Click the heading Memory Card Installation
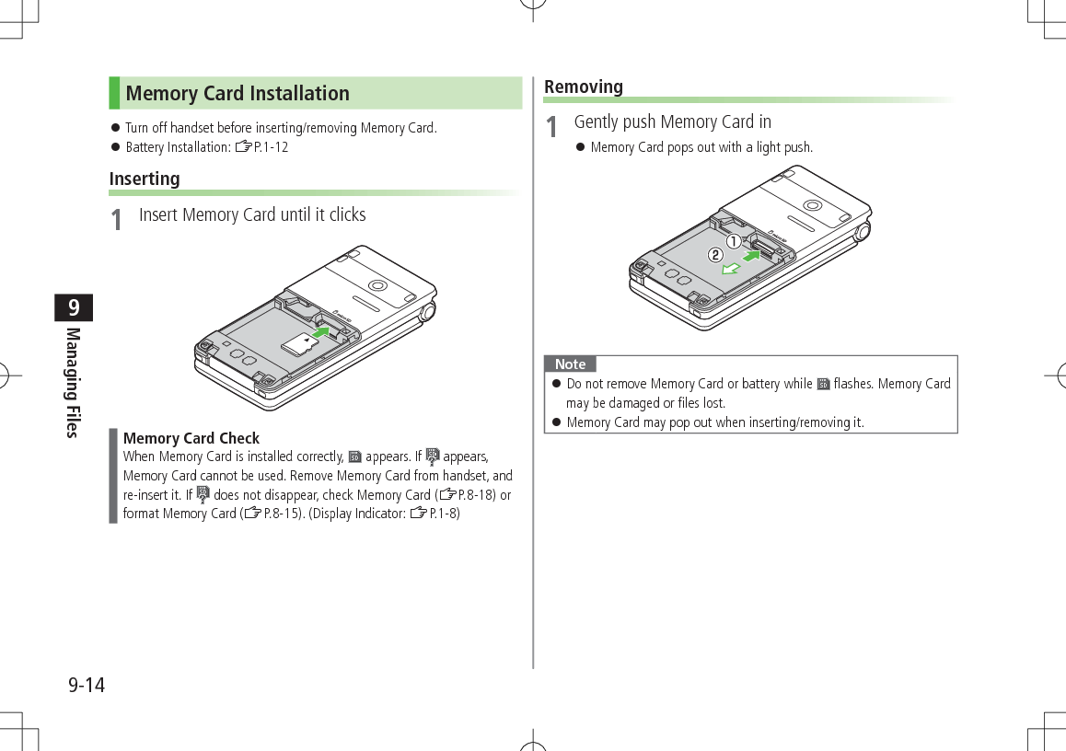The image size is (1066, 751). coord(238,94)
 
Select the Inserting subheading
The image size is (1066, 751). coord(145,179)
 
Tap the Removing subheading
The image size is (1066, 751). coord(584,87)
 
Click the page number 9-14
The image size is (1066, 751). coord(86,686)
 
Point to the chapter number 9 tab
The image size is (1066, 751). coord(74,306)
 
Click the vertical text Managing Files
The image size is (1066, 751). coord(74,382)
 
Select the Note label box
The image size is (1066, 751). coord(570,364)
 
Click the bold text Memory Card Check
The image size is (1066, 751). coord(191,438)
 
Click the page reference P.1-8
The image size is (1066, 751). coord(445,514)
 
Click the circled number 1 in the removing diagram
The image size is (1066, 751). coord(733,241)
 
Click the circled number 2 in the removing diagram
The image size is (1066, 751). coord(713,254)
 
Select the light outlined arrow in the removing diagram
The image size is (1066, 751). coord(730,269)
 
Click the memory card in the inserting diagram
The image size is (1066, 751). coord(298,345)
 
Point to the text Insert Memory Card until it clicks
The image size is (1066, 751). coord(252,215)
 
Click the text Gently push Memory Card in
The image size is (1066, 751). coord(672,122)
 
